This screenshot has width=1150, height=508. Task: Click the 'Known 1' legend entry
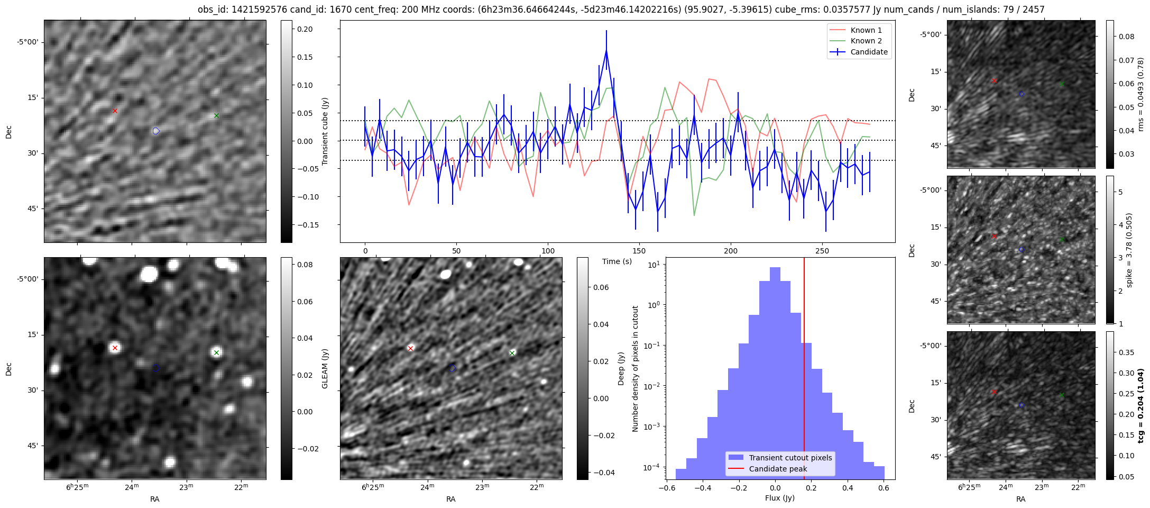[x=866, y=30]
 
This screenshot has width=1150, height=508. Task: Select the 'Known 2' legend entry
[x=866, y=41]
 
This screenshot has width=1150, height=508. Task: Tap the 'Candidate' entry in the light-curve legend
[x=869, y=52]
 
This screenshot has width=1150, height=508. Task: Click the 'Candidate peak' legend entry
[x=778, y=469]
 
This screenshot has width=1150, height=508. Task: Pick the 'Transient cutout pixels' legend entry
[x=790, y=458]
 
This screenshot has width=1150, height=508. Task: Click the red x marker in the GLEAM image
[x=115, y=348]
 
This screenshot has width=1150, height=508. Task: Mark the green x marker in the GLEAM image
[x=216, y=352]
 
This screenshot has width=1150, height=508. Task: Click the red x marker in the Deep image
[x=410, y=348]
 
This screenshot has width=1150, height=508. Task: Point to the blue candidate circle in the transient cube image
[x=156, y=131]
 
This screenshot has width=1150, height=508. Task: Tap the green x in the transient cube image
[x=216, y=115]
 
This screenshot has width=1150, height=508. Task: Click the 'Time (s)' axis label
[x=617, y=261]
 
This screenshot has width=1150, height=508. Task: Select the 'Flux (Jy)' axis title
[x=779, y=498]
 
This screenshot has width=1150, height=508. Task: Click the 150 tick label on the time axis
[x=639, y=251]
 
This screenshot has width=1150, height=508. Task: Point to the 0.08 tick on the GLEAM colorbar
[x=305, y=265]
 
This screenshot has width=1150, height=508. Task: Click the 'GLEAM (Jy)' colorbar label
[x=325, y=368]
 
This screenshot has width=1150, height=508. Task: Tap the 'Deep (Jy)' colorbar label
[x=621, y=368]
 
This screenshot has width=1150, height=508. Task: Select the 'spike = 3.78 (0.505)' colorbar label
[x=1129, y=250]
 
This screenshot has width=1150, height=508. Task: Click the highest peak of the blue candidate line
[x=606, y=50]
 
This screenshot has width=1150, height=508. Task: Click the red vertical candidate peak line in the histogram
[x=804, y=370]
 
